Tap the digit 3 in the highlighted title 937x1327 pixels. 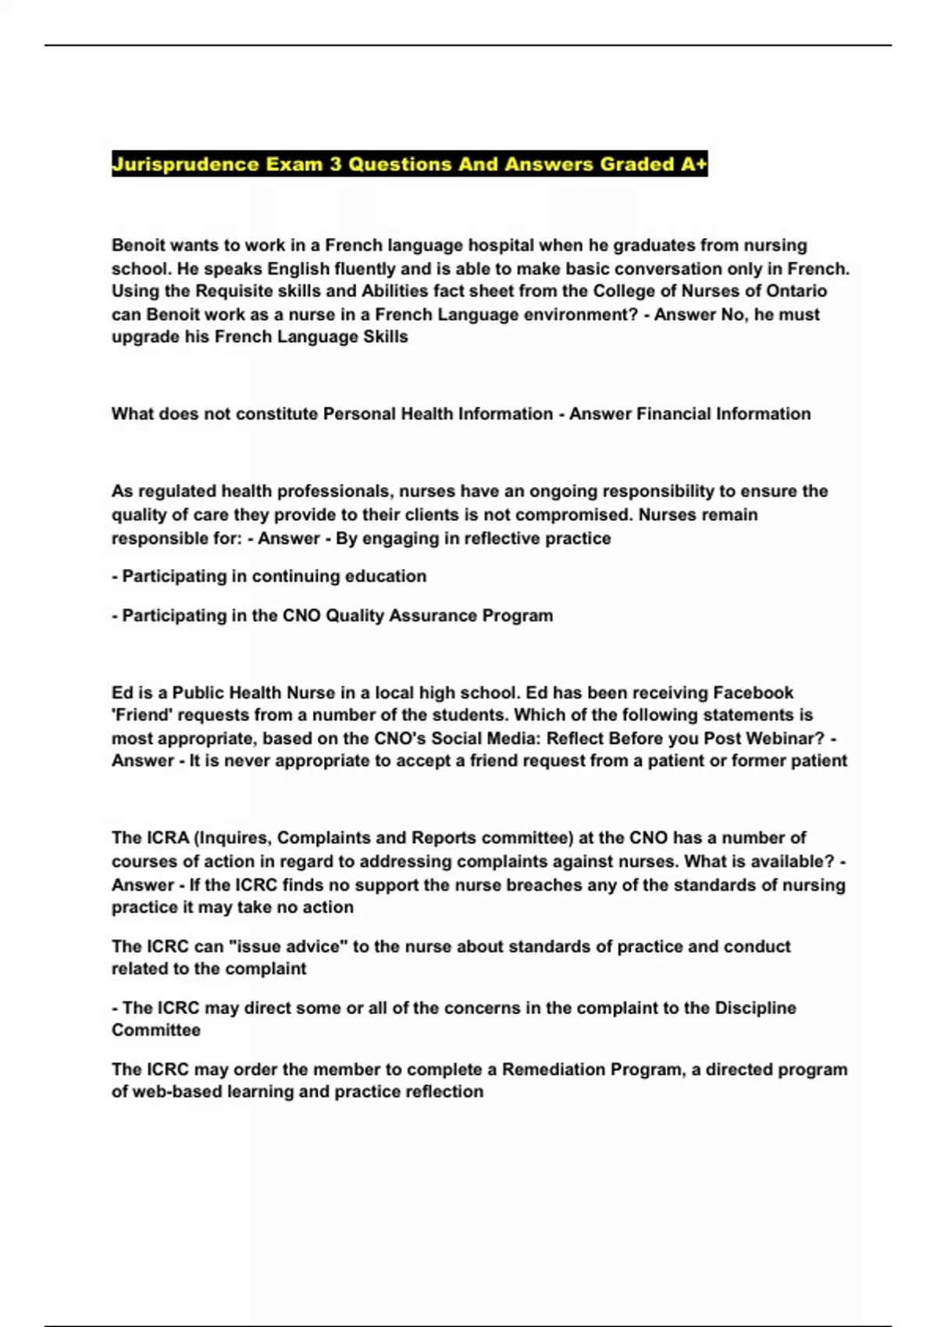336,165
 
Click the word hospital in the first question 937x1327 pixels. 501,245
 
